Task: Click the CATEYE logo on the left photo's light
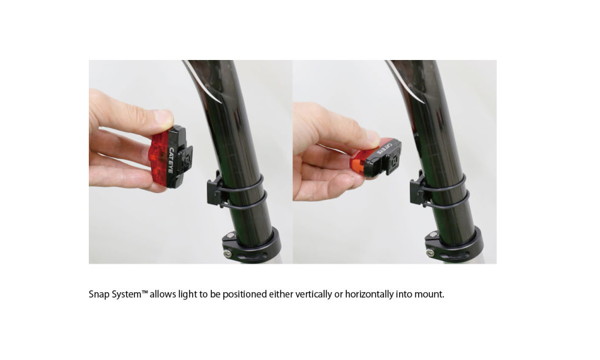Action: coord(170,160)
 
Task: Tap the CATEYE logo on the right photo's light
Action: coord(384,148)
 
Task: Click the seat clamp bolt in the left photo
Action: coord(229,253)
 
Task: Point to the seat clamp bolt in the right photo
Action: coord(431,253)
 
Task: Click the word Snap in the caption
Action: coord(99,294)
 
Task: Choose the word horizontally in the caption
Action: coord(369,294)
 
